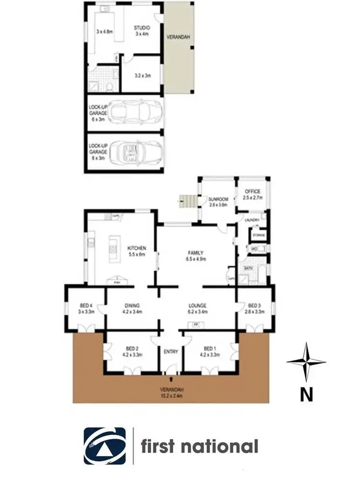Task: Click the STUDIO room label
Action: (x=142, y=28)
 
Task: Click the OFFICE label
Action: (x=252, y=192)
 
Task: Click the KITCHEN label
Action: (x=136, y=248)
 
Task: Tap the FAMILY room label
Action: (x=196, y=253)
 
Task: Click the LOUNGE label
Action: (x=197, y=305)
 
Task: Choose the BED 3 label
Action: (x=254, y=305)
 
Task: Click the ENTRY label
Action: (x=171, y=352)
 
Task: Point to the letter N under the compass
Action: (x=306, y=395)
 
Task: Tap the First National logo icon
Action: (x=105, y=446)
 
